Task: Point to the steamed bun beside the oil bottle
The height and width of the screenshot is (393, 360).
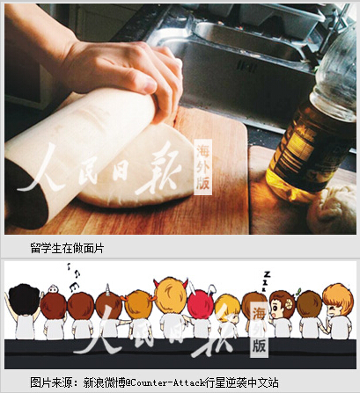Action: (x=333, y=209)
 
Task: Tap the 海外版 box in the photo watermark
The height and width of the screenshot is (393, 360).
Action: (x=203, y=167)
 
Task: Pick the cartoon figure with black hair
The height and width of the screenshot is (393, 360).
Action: (x=25, y=310)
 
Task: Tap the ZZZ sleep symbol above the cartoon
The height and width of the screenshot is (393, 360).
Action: (x=266, y=280)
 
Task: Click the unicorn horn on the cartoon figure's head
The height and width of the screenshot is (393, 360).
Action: (x=107, y=287)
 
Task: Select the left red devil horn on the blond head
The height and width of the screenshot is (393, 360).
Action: (x=157, y=283)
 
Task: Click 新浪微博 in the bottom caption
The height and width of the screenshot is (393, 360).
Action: (x=105, y=382)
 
